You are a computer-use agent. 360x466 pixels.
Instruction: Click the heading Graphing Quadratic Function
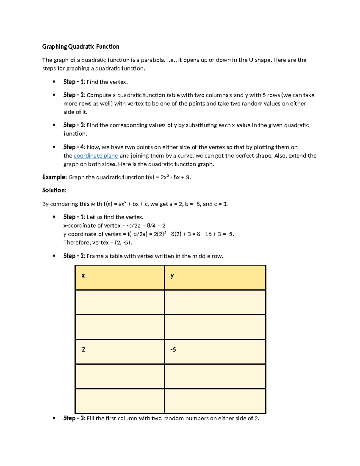coord(81,47)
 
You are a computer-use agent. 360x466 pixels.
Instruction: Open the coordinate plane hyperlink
coord(96,156)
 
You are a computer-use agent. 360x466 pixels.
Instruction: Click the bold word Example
coord(54,177)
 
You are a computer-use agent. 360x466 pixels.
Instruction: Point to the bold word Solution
coord(53,190)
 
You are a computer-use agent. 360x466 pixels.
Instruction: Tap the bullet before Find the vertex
coord(54,82)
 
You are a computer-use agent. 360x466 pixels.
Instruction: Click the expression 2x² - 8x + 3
coord(175,177)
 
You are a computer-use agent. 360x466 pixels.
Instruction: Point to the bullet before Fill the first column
coord(54,418)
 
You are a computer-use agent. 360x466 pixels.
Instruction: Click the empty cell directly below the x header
coord(120,302)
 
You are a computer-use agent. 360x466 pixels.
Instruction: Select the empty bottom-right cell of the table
coord(215,401)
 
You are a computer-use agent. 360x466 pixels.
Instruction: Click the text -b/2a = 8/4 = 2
coord(146,225)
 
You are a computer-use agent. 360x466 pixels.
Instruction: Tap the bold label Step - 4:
coord(74,147)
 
